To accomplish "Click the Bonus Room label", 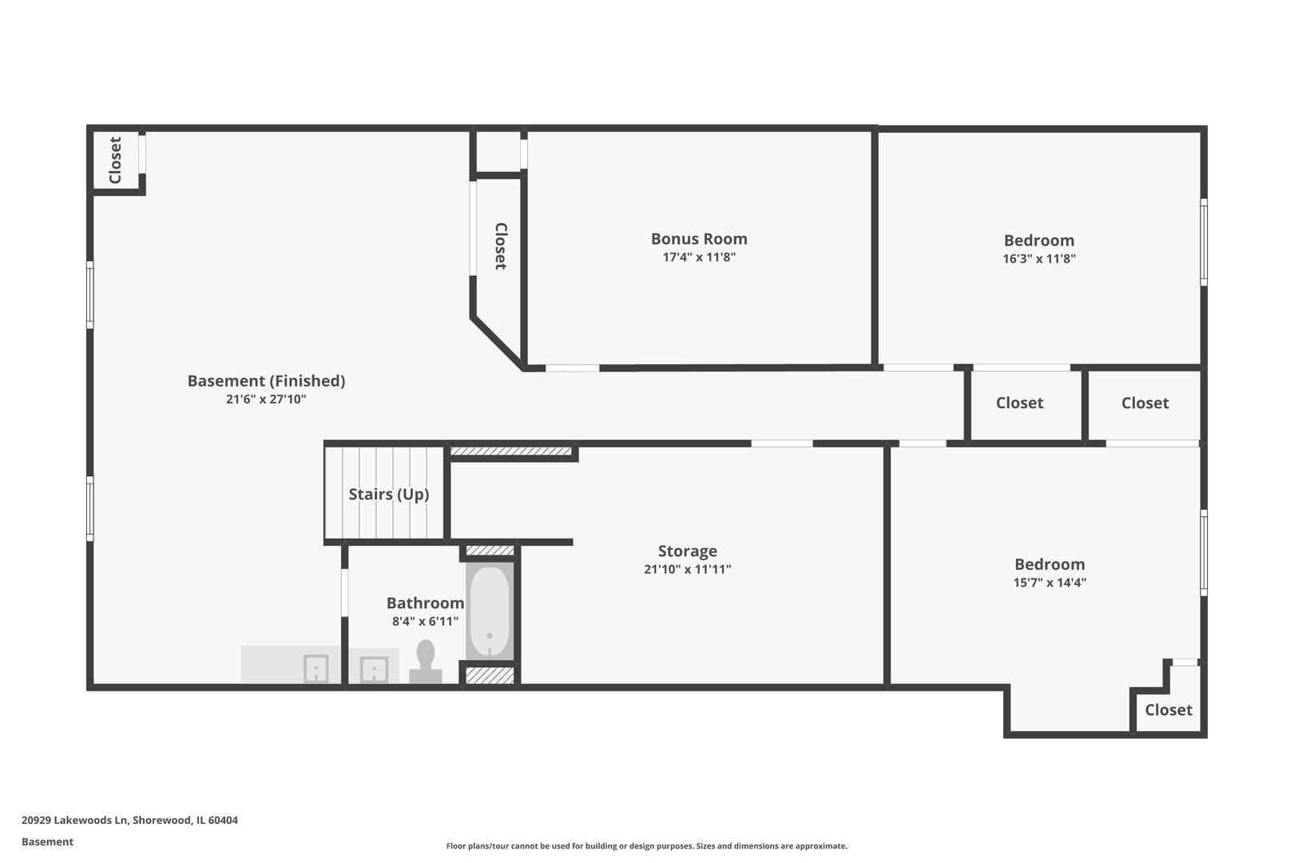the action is (699, 239).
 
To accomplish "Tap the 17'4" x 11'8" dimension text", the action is (699, 257).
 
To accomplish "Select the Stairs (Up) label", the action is (389, 495).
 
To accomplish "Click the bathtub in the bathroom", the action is (490, 611).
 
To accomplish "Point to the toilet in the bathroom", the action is (426, 662).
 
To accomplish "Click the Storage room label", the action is (688, 551).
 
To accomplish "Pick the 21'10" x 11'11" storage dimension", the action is (688, 570).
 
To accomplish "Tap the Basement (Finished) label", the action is (266, 381).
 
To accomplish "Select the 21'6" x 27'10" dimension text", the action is (266, 400).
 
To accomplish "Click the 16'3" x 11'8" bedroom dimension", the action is (1039, 259).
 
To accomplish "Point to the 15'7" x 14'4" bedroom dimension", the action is (1050, 583).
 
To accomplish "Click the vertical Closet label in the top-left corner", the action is (115, 160).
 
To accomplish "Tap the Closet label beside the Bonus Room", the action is (501, 246).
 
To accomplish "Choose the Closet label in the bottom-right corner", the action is (1169, 710).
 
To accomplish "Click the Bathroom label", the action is (426, 603).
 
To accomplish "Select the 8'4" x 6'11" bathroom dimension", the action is (426, 622).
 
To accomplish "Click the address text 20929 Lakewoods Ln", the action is (74, 820).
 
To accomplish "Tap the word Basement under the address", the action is (47, 842).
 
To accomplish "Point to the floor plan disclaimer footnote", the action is (647, 846).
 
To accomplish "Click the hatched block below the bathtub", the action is (490, 675).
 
